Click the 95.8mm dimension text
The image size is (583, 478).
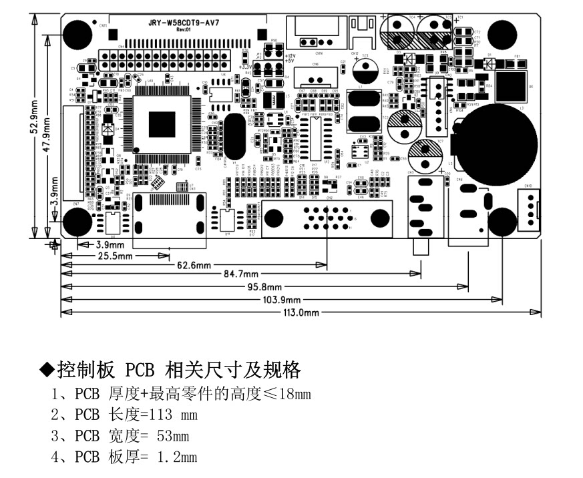click(x=265, y=286)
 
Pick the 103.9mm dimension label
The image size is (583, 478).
click(x=282, y=300)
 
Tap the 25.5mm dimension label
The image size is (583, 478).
click(x=115, y=255)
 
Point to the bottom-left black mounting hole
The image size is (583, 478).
click(x=77, y=220)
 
